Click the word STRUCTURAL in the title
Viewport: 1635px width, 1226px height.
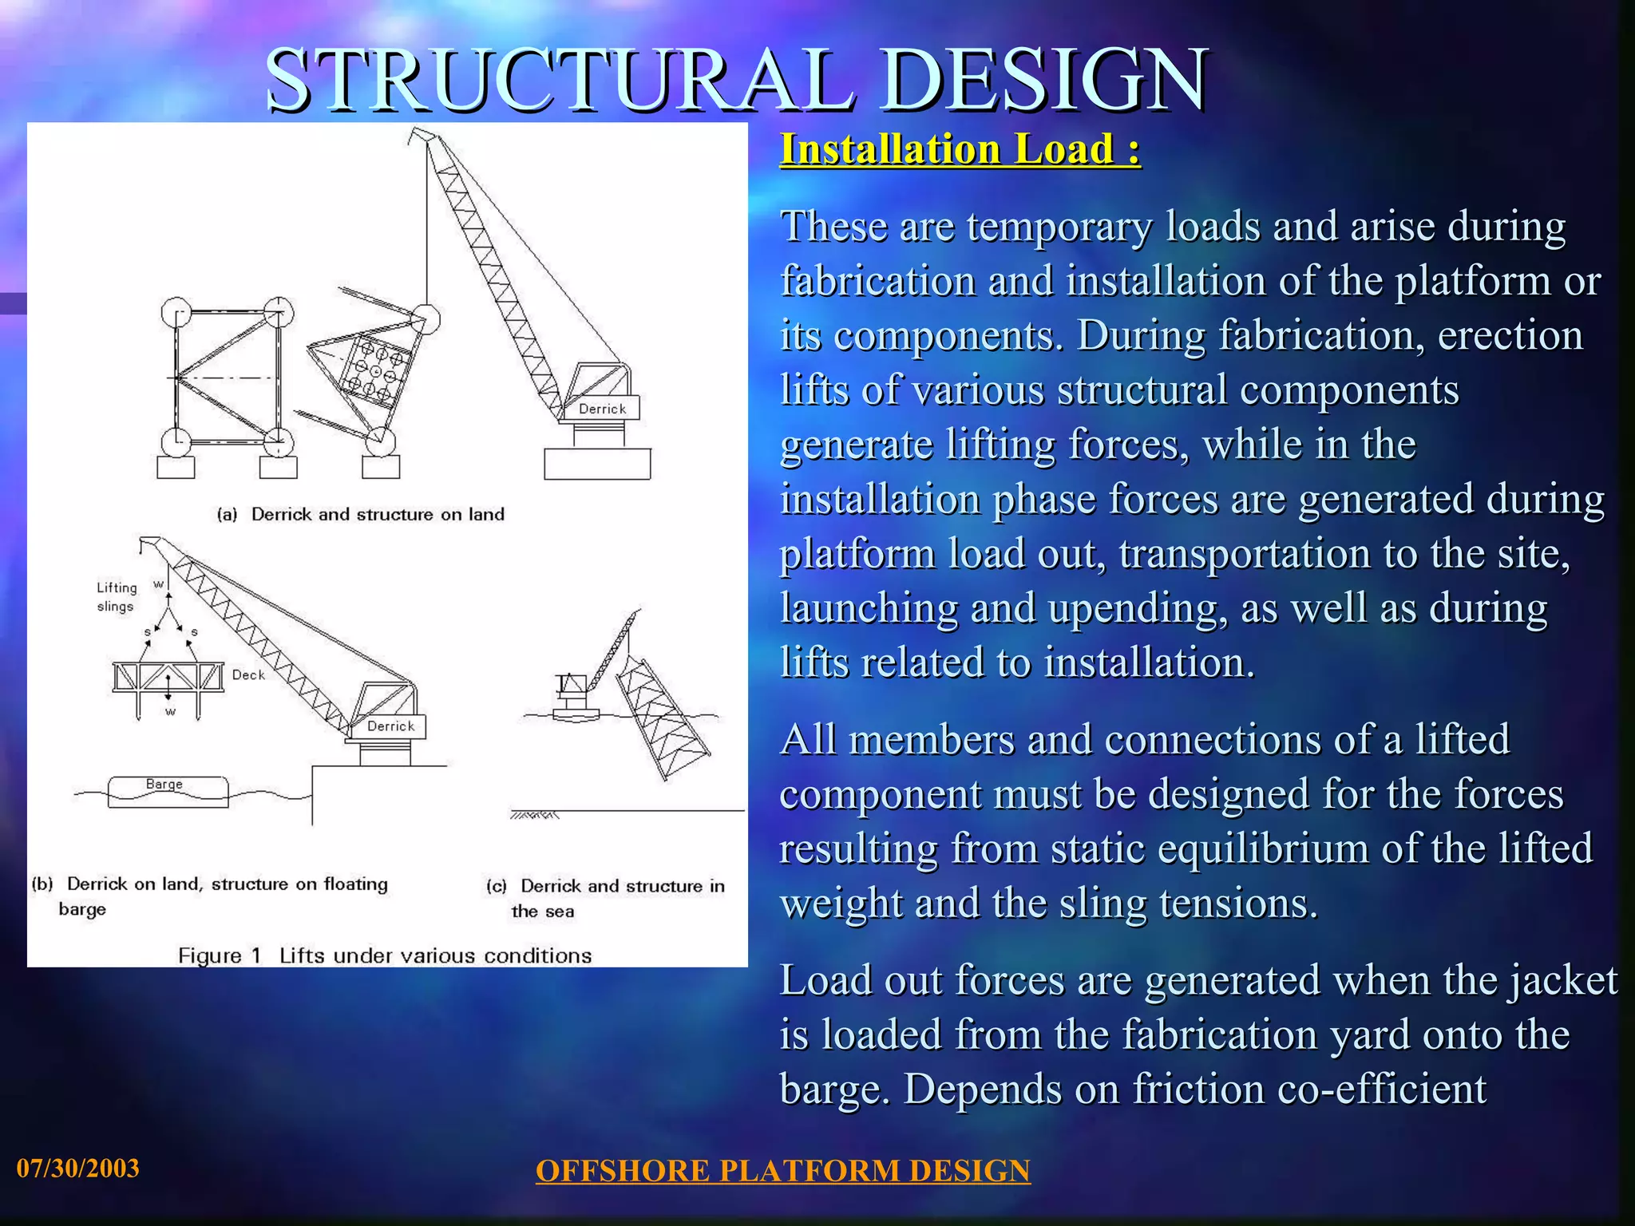pyautogui.click(x=559, y=80)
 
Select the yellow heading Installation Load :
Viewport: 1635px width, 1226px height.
pyautogui.click(x=960, y=149)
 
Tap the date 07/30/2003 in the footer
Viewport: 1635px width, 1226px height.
pyautogui.click(x=78, y=1169)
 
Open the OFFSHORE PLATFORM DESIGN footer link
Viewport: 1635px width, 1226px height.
pyautogui.click(x=782, y=1171)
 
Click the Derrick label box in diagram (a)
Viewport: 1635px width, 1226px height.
pyautogui.click(x=602, y=409)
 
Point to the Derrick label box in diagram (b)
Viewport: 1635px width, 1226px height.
pyautogui.click(x=390, y=726)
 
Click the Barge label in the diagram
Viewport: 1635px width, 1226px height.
pyautogui.click(x=164, y=785)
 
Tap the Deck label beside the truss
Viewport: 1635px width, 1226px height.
pyautogui.click(x=248, y=675)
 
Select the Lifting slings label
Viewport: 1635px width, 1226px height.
pyautogui.click(x=117, y=597)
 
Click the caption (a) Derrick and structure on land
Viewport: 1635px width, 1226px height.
pyautogui.click(x=361, y=515)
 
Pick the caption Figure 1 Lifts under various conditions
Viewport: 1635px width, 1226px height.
pyautogui.click(x=385, y=956)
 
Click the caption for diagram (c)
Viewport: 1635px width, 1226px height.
pyautogui.click(x=605, y=898)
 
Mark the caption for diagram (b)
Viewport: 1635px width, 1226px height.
pyautogui.click(x=209, y=896)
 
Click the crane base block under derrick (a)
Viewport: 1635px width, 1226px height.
pyautogui.click(x=597, y=464)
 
